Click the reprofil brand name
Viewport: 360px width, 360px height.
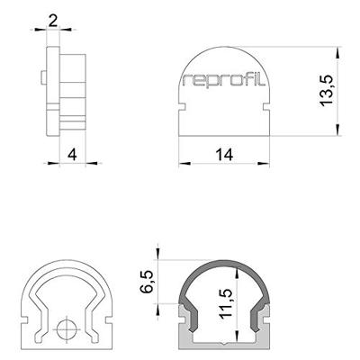pyautogui.click(x=226, y=81)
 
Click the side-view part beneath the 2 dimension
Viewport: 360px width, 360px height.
pyautogui.click(x=65, y=90)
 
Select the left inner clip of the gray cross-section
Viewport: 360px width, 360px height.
pyautogui.click(x=191, y=316)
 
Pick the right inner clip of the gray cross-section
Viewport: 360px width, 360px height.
pyautogui.click(x=259, y=316)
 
